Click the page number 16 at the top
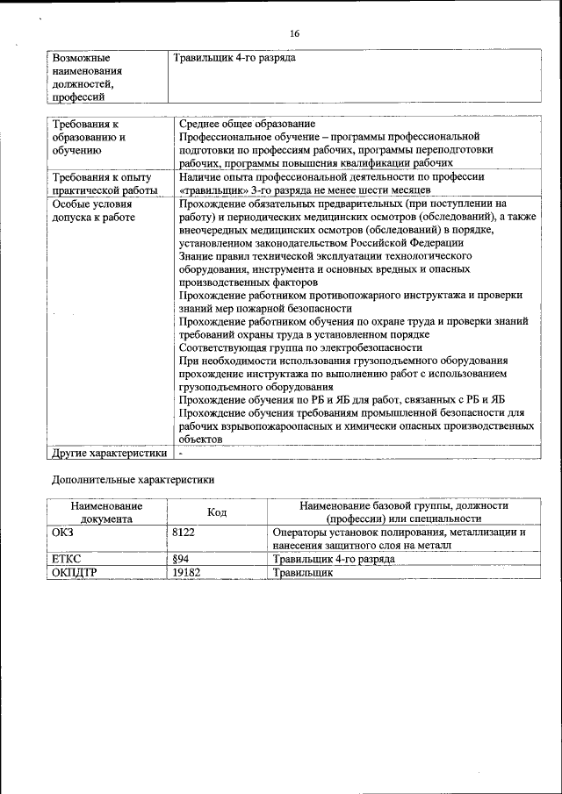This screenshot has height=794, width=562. [294, 33]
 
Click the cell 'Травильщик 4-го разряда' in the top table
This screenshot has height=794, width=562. [234, 58]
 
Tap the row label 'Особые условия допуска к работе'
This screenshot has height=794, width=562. [93, 211]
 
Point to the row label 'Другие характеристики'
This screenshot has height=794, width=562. [109, 454]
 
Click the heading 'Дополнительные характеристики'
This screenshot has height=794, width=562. [133, 480]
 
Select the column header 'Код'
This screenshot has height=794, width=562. [217, 512]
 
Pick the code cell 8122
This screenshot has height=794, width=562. [184, 532]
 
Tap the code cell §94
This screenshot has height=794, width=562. [182, 559]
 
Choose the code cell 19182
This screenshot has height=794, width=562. [186, 572]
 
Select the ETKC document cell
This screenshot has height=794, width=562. [67, 559]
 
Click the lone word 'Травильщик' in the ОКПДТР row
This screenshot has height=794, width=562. [303, 572]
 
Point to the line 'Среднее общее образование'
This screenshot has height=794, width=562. [247, 124]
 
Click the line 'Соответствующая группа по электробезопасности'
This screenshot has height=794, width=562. [300, 347]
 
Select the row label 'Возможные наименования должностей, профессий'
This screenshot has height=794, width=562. [87, 77]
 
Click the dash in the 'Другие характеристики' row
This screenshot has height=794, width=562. [180, 454]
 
